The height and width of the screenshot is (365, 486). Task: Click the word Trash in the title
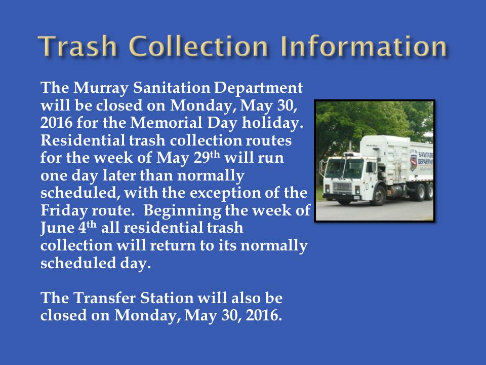pyautogui.click(x=77, y=46)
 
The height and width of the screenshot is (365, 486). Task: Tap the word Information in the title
pyautogui.click(x=363, y=46)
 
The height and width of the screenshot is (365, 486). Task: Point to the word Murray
pyautogui.click(x=101, y=88)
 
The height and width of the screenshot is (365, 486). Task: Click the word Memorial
pyautogui.click(x=166, y=122)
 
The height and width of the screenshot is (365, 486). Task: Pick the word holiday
pyautogui.click(x=272, y=123)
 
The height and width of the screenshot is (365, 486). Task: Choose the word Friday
pyautogui.click(x=64, y=211)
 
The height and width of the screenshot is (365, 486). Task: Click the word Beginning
pyautogui.click(x=182, y=211)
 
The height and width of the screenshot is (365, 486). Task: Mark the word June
pyautogui.click(x=57, y=229)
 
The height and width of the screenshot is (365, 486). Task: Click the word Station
pyautogui.click(x=167, y=298)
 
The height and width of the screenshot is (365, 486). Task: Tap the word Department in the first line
pyautogui.click(x=258, y=88)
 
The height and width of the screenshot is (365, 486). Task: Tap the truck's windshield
pyautogui.click(x=344, y=169)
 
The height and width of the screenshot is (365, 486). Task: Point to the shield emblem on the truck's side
pyautogui.click(x=413, y=163)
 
